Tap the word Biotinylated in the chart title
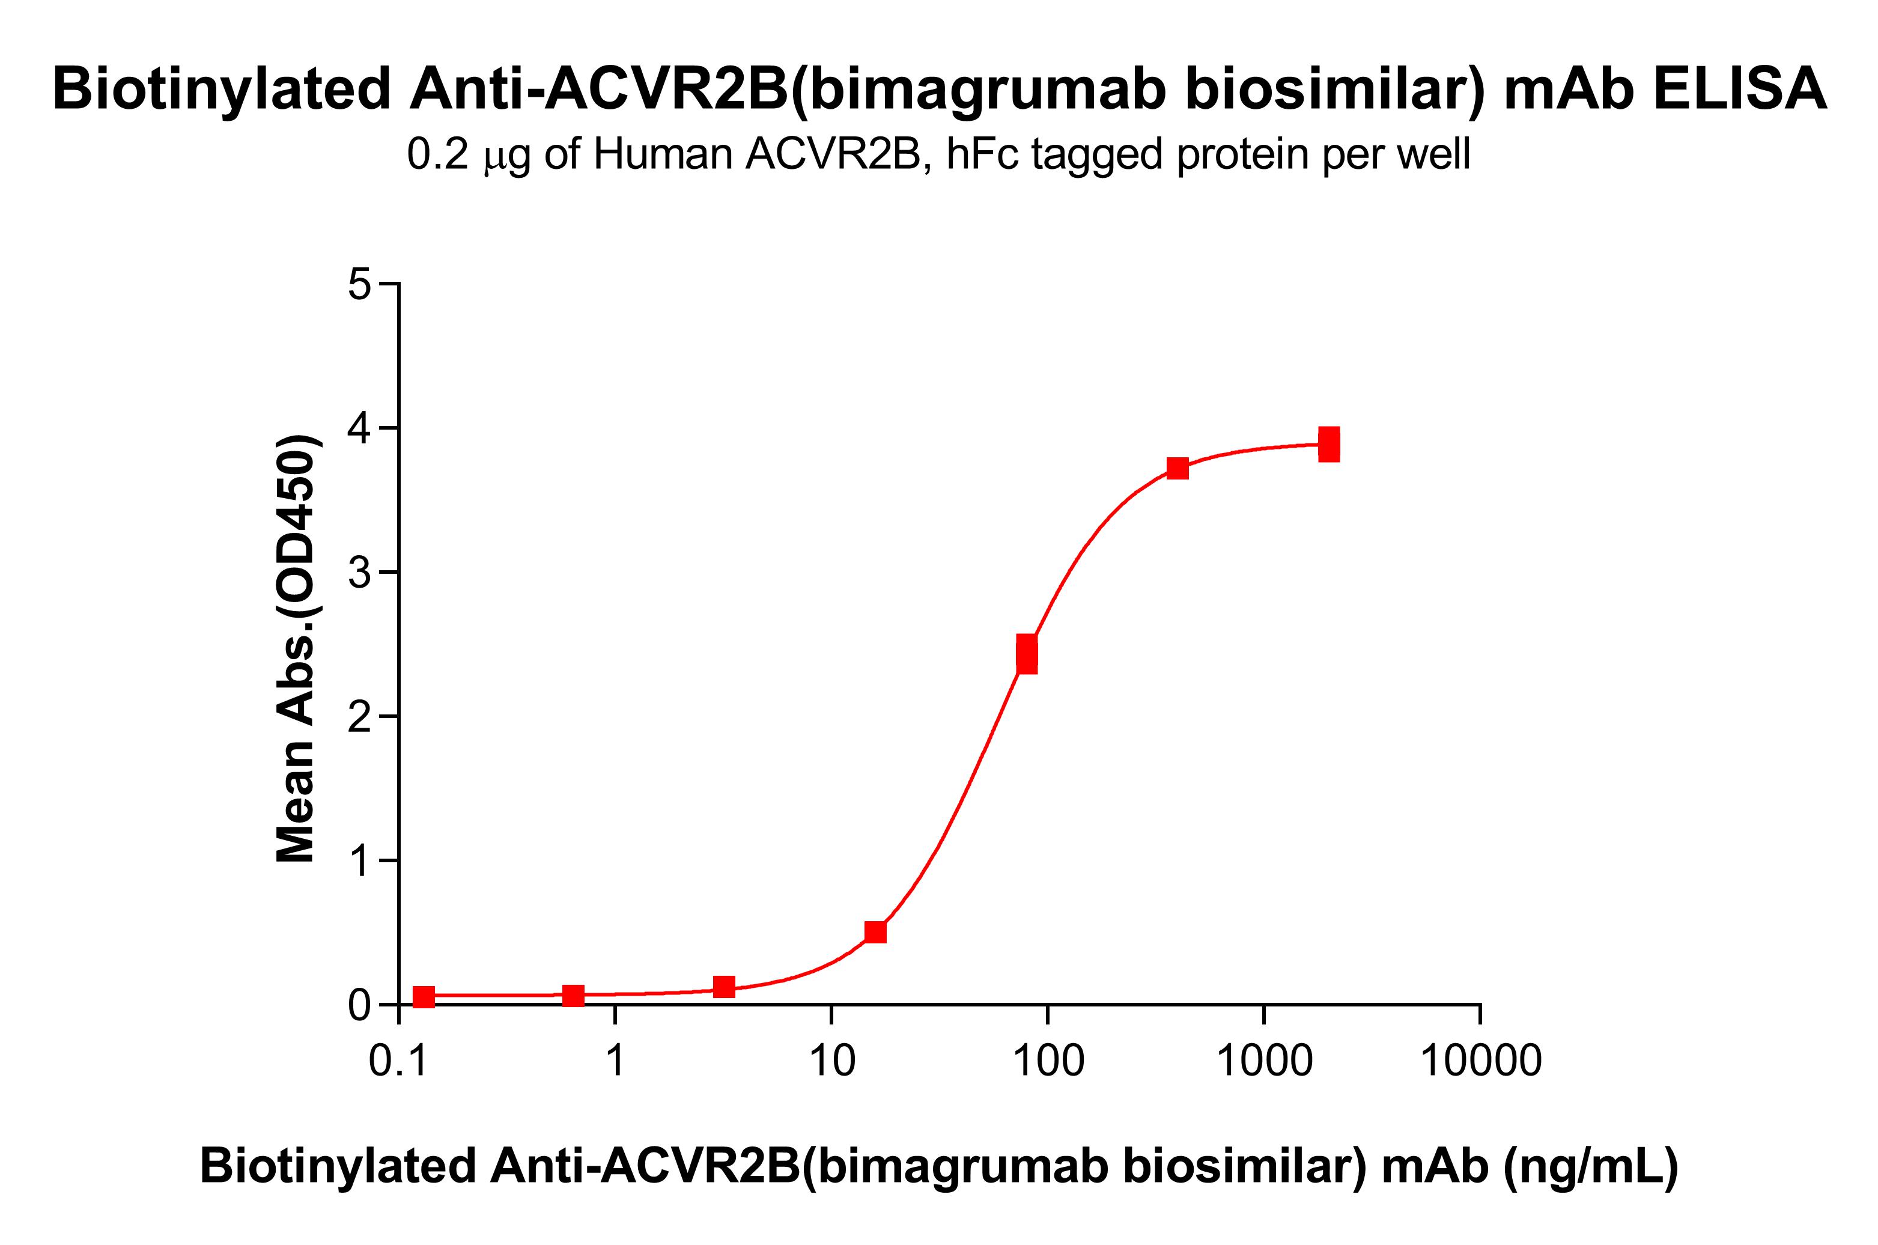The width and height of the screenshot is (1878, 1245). point(222,89)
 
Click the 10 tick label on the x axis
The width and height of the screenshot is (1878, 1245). point(831,1061)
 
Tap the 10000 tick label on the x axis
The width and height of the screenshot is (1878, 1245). point(1480,1061)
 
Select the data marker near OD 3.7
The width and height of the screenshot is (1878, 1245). point(1178,469)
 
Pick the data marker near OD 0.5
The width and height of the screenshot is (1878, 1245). point(875,931)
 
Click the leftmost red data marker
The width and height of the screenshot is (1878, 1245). point(424,996)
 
